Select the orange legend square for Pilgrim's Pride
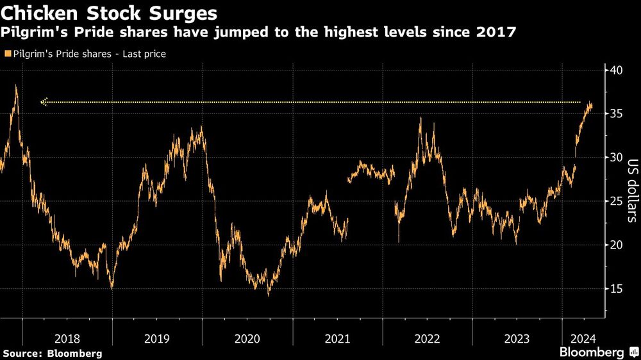(6, 54)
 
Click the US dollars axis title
(631, 191)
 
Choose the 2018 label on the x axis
(67, 338)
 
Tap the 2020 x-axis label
(247, 338)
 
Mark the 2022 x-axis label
(428, 338)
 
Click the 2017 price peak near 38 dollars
(16, 86)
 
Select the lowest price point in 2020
(268, 295)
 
